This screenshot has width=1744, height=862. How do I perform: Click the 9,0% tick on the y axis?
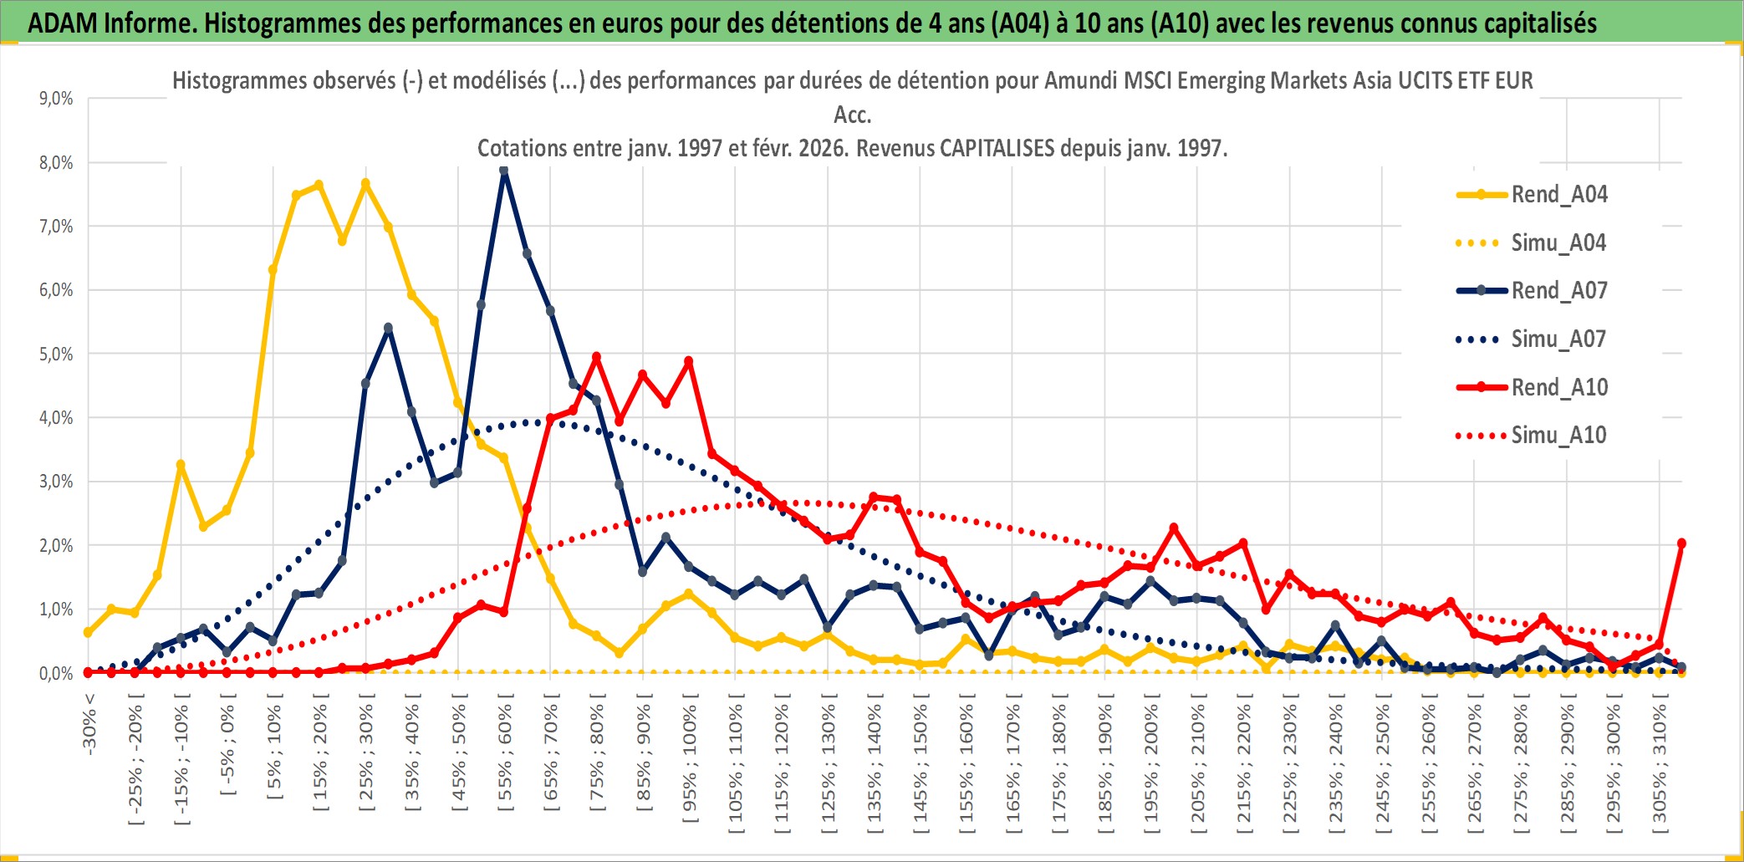click(56, 99)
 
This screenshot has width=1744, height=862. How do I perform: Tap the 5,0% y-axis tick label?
click(56, 354)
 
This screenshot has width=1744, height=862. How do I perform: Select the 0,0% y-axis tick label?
click(56, 674)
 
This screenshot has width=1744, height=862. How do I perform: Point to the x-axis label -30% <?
click(89, 724)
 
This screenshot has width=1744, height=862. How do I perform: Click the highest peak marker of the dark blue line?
click(503, 171)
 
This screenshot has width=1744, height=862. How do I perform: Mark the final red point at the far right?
click(1681, 543)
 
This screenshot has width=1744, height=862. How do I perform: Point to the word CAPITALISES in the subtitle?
click(997, 149)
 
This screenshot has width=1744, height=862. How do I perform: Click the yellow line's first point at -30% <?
click(88, 633)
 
